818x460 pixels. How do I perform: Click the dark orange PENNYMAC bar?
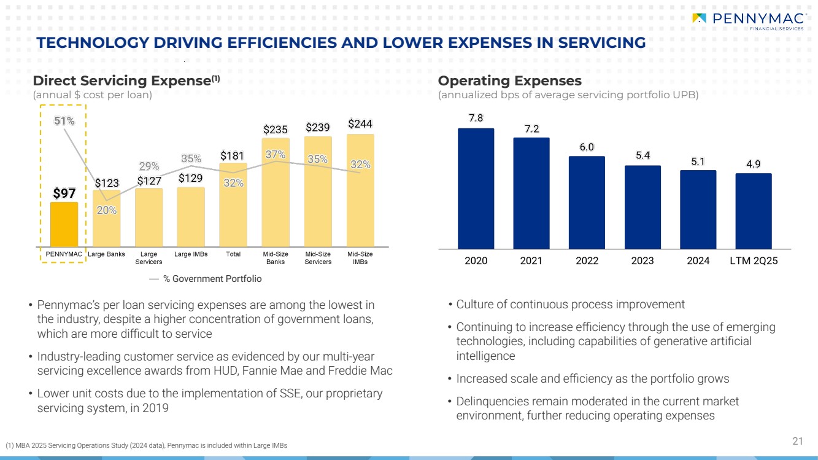pyautogui.click(x=64, y=224)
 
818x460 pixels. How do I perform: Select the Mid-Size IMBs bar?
pyautogui.click(x=360, y=190)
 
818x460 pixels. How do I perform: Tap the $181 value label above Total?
pyautogui.click(x=233, y=155)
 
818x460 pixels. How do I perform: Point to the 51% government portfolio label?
pyautogui.click(x=64, y=121)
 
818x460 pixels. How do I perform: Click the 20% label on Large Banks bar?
pyautogui.click(x=106, y=210)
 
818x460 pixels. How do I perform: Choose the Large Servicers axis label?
pyautogui.click(x=149, y=257)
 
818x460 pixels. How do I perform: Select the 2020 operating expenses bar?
pyautogui.click(x=476, y=187)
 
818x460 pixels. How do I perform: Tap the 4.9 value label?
pyautogui.click(x=754, y=164)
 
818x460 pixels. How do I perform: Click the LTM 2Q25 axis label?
pyautogui.click(x=754, y=260)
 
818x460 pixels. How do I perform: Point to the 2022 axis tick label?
pyautogui.click(x=587, y=260)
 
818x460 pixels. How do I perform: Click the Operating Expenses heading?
pyautogui.click(x=509, y=81)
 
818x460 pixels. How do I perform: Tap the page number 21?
pyautogui.click(x=798, y=440)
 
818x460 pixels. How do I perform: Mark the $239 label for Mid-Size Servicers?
pyautogui.click(x=318, y=128)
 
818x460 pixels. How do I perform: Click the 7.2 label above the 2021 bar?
pyautogui.click(x=531, y=129)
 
